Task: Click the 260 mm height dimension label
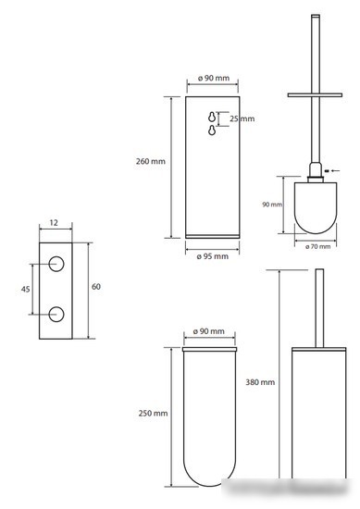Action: point(151,161)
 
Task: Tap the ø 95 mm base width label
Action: point(213,256)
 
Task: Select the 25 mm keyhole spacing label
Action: point(242,118)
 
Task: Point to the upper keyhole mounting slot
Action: point(212,117)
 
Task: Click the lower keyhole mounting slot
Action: point(212,130)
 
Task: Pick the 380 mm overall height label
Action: point(260,382)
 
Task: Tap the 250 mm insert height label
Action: point(153,414)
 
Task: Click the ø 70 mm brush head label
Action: point(317,247)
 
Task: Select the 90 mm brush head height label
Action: point(272,205)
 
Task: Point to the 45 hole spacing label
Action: point(25,289)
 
